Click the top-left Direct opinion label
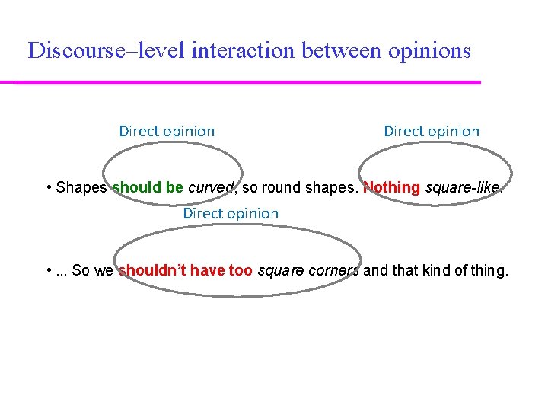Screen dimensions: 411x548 tap(167, 131)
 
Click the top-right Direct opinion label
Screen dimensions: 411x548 tap(432, 131)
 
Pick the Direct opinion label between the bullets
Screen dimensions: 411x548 tap(231, 214)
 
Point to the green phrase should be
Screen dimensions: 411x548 tap(148, 187)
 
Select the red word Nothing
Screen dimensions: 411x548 tap(392, 187)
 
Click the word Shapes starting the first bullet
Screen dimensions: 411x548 tap(81, 187)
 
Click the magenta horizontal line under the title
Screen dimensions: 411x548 tap(247, 82)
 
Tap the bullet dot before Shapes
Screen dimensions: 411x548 tap(49, 187)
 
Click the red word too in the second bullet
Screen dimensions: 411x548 tap(242, 270)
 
